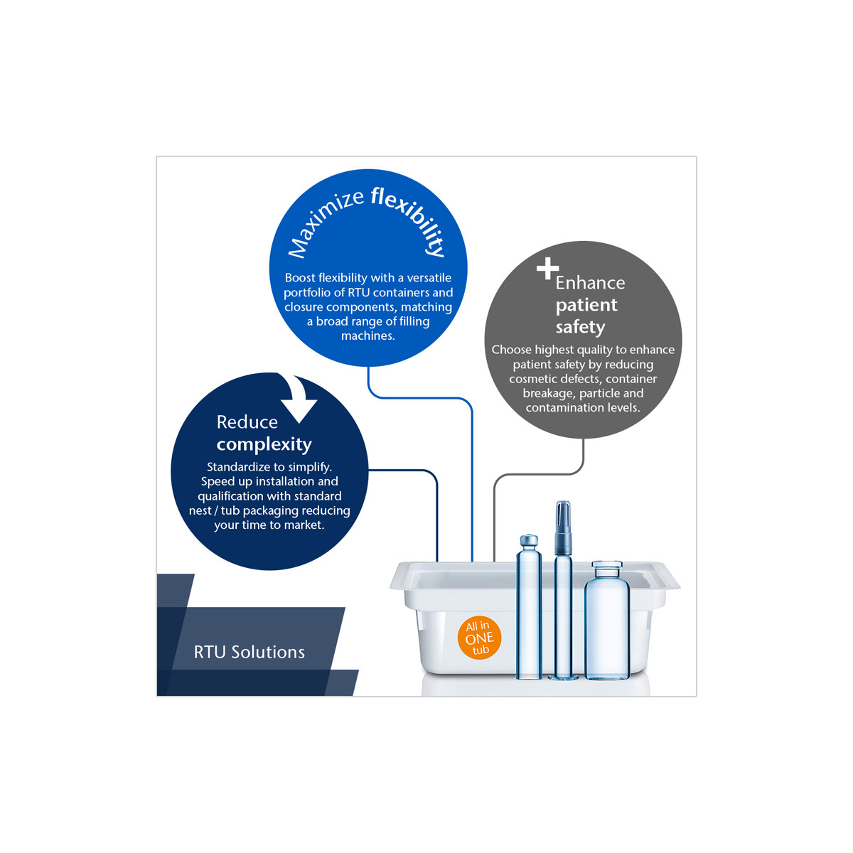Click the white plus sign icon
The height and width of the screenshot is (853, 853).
pos(547,269)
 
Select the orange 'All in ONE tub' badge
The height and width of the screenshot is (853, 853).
pos(479,638)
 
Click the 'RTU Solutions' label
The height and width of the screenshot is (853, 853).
pos(250,652)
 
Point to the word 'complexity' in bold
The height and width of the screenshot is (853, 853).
pos(264,444)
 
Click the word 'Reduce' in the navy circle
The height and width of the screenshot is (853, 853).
pos(247,422)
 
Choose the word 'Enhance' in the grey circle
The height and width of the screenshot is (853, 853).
pos(590,283)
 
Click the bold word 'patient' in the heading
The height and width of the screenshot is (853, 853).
pos(586,305)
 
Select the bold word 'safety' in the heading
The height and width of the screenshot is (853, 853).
pos(580,327)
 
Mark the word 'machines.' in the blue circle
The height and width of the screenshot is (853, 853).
pos(368,336)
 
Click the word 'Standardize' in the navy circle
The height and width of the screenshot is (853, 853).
pos(239,467)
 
